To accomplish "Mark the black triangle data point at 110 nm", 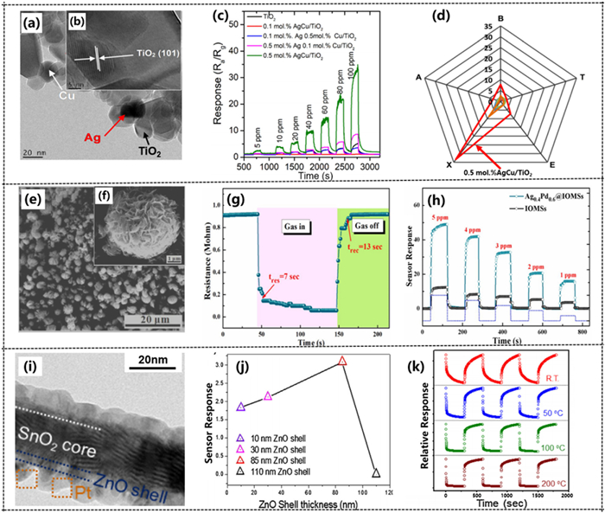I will click(376, 473).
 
